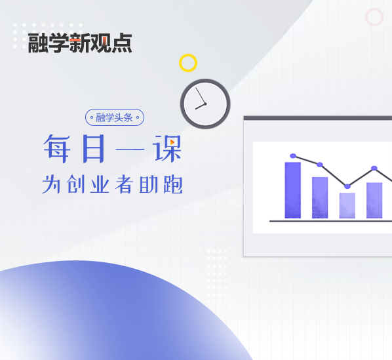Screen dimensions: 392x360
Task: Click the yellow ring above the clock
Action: coord(188,56)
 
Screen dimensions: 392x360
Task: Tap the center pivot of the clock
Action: coord(205,104)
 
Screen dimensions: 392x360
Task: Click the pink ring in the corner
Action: coord(374,10)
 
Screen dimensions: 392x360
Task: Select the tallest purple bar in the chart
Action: coord(293,190)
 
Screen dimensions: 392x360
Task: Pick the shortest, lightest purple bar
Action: coord(347,205)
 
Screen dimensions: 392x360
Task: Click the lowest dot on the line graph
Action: coord(347,186)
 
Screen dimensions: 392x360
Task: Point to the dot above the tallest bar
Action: coord(293,156)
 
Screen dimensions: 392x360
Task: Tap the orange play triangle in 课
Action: coord(172,142)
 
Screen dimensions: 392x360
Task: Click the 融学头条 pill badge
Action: coord(115,117)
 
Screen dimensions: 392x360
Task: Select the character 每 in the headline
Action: coord(57,148)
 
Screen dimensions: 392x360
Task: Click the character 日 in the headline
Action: coord(93,148)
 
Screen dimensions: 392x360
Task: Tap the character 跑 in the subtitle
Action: coord(173,184)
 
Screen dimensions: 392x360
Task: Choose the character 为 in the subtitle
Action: coord(51,184)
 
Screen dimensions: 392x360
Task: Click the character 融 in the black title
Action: coord(38,43)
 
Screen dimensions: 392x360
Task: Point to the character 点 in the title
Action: coord(122,43)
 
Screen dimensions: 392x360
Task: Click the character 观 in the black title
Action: coord(101,43)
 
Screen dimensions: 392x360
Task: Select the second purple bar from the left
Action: coord(320,197)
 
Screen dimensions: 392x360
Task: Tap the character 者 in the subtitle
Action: coord(124,184)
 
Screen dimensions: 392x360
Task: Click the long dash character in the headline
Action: coord(130,150)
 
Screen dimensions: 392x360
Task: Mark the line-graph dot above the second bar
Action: coord(320,165)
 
